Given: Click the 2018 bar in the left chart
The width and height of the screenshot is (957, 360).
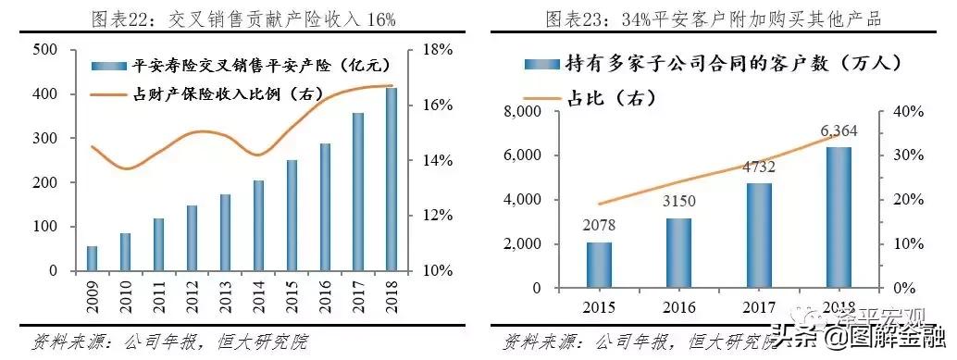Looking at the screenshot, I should [x=392, y=180].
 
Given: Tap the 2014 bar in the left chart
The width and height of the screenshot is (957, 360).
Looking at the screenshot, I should [x=259, y=226].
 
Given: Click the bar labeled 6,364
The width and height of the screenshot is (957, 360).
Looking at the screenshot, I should [x=839, y=217].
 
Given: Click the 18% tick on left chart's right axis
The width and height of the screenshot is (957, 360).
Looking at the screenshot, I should [x=436, y=50].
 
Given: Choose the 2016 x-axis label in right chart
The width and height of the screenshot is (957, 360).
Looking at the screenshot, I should [x=678, y=306].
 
